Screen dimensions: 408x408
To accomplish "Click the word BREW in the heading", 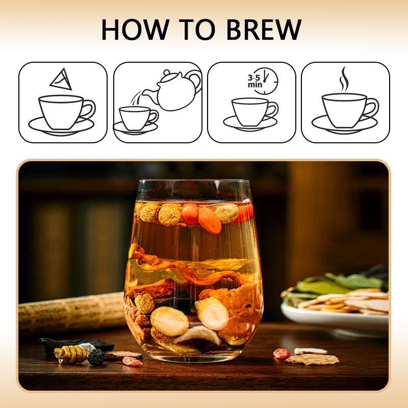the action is coord(264,30).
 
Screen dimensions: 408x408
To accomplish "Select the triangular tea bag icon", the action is coord(61,79).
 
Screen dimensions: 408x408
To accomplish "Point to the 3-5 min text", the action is coord(254,81).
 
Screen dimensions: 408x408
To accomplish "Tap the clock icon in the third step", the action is coord(265,81).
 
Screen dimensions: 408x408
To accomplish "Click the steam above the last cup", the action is coord(344,79).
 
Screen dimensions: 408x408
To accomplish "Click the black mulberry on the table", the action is coord(96,358).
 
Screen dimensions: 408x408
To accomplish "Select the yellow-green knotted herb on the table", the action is coord(70,354).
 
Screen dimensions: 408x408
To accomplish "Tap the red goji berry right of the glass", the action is coord(282,353).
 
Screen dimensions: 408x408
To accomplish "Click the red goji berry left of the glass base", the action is coord(132,362).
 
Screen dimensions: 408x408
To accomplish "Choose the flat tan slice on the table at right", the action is coord(312,360).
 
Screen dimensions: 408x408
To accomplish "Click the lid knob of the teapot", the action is coord(167,72).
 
